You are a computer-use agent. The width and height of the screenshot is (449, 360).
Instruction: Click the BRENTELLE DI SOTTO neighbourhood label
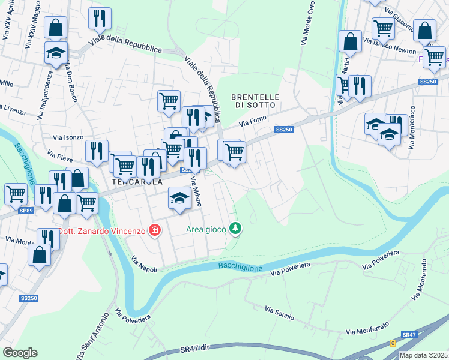pos(254,100)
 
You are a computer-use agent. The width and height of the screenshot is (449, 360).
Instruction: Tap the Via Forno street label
pos(252,121)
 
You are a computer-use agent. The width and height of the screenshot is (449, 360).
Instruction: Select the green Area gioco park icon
pos(237,228)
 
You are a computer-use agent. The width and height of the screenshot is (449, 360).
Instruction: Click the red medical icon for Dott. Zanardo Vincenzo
pos(155,230)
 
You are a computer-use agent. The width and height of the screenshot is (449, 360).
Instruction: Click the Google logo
pos(20,353)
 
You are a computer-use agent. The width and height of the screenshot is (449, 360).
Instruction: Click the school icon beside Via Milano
pos(179,197)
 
